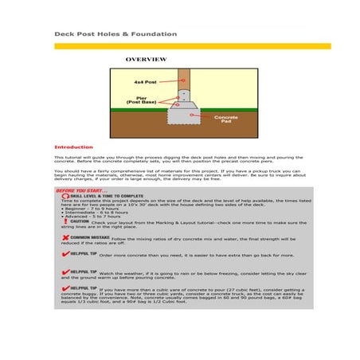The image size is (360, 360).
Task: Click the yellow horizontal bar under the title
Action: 180,46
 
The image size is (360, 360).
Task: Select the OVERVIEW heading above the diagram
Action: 146,60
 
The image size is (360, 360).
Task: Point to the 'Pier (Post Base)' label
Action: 143,100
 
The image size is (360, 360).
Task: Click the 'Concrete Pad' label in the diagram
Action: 226,119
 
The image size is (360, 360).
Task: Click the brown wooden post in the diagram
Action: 184,80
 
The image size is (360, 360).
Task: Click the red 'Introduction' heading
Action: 73,147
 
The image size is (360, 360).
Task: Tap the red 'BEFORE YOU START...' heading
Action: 80,190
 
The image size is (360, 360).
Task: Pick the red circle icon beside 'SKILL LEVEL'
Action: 64,196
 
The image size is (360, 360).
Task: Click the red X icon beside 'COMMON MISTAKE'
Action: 64,237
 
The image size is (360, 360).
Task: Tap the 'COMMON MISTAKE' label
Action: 88,237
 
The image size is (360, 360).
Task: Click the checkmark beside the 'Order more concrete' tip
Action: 64,253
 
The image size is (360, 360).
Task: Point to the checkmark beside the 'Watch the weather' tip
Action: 64,271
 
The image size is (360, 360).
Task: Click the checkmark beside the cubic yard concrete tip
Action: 64,288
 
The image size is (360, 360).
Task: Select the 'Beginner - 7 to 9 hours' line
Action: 88,206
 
